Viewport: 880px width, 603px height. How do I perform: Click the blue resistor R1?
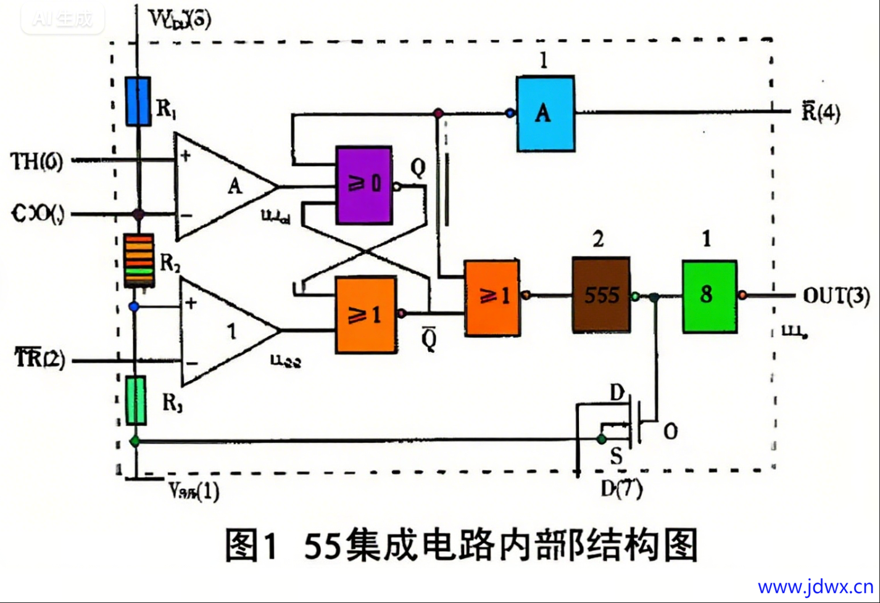click(138, 102)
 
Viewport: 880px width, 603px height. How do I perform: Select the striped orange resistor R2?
click(139, 260)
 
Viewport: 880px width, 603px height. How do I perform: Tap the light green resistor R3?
click(136, 400)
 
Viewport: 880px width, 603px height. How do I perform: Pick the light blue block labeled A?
click(546, 113)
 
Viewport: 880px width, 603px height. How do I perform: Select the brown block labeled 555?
click(601, 295)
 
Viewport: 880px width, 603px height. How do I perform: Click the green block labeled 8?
click(709, 296)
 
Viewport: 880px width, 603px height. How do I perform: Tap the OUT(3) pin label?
click(836, 296)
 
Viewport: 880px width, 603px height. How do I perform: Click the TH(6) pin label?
click(37, 162)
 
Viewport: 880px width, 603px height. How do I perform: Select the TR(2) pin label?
click(40, 358)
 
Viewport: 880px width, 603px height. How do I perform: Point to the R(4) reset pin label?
click(821, 112)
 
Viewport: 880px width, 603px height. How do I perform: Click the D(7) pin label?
click(621, 489)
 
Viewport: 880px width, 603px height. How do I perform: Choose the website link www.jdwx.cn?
click(815, 586)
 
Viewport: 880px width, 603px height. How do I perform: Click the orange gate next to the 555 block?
click(492, 297)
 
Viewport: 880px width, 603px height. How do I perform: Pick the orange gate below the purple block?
click(365, 315)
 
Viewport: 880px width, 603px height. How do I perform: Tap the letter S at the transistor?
click(616, 456)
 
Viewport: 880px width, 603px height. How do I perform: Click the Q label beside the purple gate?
click(418, 167)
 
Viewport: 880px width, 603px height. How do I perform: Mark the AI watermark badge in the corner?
click(62, 19)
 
